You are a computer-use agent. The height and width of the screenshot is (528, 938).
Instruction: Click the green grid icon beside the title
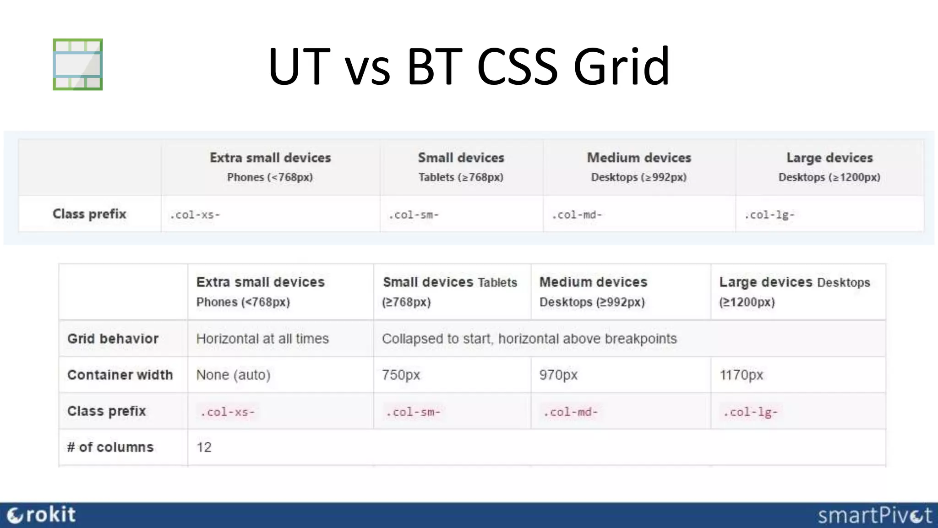pyautogui.click(x=77, y=64)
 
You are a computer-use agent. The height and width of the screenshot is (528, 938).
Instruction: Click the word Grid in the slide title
pyautogui.click(x=621, y=66)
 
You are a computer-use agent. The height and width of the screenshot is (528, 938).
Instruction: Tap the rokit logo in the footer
pyautogui.click(x=42, y=515)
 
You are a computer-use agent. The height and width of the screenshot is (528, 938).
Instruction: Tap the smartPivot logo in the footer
pyautogui.click(x=874, y=516)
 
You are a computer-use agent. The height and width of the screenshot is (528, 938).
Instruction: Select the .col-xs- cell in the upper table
pyautogui.click(x=195, y=215)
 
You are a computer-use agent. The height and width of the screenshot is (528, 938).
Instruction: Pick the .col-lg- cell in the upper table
pyautogui.click(x=769, y=215)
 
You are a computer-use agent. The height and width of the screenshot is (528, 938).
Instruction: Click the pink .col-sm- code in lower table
pyautogui.click(x=413, y=412)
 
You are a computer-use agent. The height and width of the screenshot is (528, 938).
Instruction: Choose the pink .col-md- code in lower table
pyautogui.click(x=571, y=412)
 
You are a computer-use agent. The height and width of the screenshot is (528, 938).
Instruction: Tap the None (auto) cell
pyautogui.click(x=233, y=375)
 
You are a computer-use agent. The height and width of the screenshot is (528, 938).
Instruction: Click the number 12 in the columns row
pyautogui.click(x=204, y=447)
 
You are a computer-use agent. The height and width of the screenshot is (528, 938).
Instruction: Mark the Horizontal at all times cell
pyautogui.click(x=262, y=339)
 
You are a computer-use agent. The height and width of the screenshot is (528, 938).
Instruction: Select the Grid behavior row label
pyautogui.click(x=113, y=339)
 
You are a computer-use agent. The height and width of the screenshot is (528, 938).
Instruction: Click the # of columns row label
pyautogui.click(x=110, y=447)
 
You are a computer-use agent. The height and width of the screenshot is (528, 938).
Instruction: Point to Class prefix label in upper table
pyautogui.click(x=89, y=214)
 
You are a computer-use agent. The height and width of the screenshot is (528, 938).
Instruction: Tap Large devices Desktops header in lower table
pyautogui.click(x=794, y=291)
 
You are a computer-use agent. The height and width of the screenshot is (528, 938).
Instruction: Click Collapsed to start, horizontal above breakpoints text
pyautogui.click(x=529, y=339)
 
